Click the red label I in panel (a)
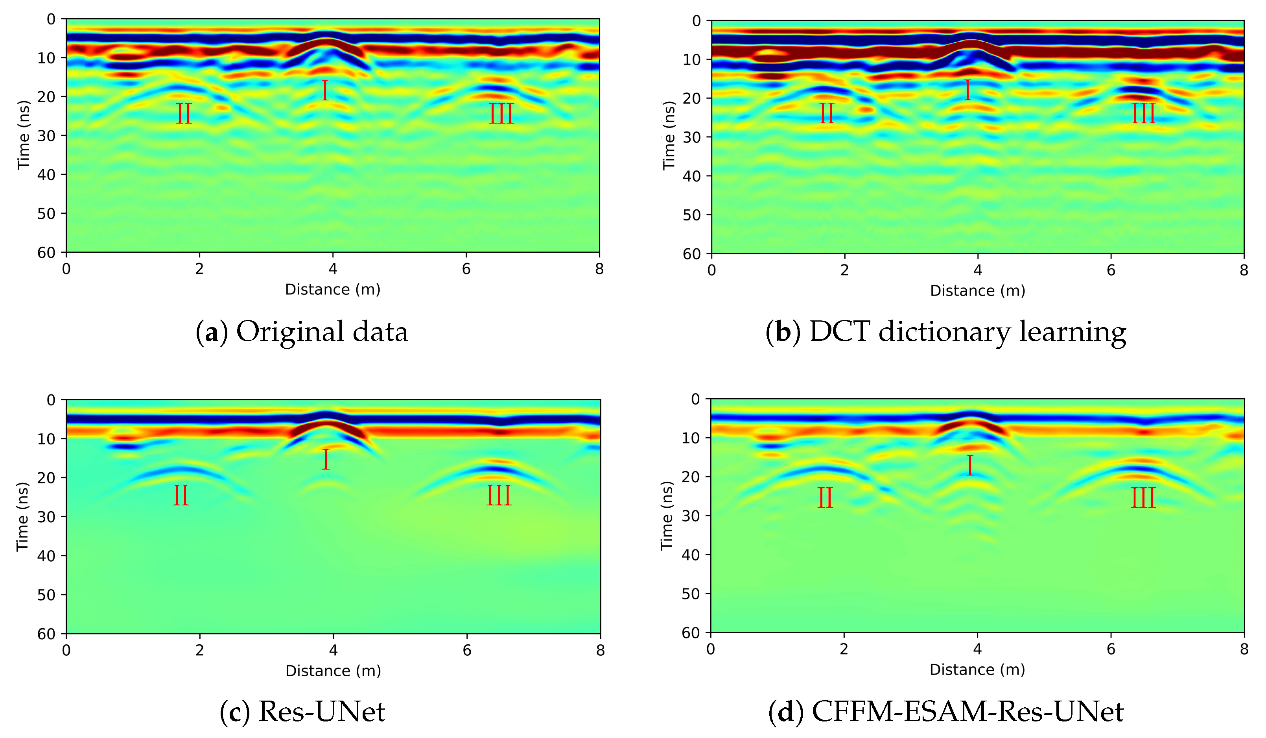(x=325, y=91)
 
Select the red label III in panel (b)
(x=1143, y=114)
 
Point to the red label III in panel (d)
(x=1143, y=498)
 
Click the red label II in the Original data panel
(x=184, y=114)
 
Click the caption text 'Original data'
(x=322, y=332)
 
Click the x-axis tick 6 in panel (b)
(x=1111, y=270)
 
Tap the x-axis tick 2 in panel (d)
(x=844, y=649)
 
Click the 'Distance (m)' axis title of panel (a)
(x=333, y=290)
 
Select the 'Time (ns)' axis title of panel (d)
(x=667, y=515)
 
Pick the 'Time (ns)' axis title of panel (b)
(x=668, y=136)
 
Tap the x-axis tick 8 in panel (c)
(x=600, y=651)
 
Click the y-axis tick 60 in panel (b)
(x=691, y=254)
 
